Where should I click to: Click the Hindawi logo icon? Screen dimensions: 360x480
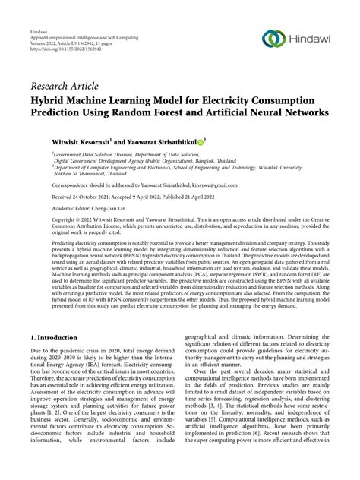273,38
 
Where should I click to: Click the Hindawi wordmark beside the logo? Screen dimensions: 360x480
310,39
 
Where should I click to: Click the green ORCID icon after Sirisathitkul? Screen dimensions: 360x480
201,141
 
